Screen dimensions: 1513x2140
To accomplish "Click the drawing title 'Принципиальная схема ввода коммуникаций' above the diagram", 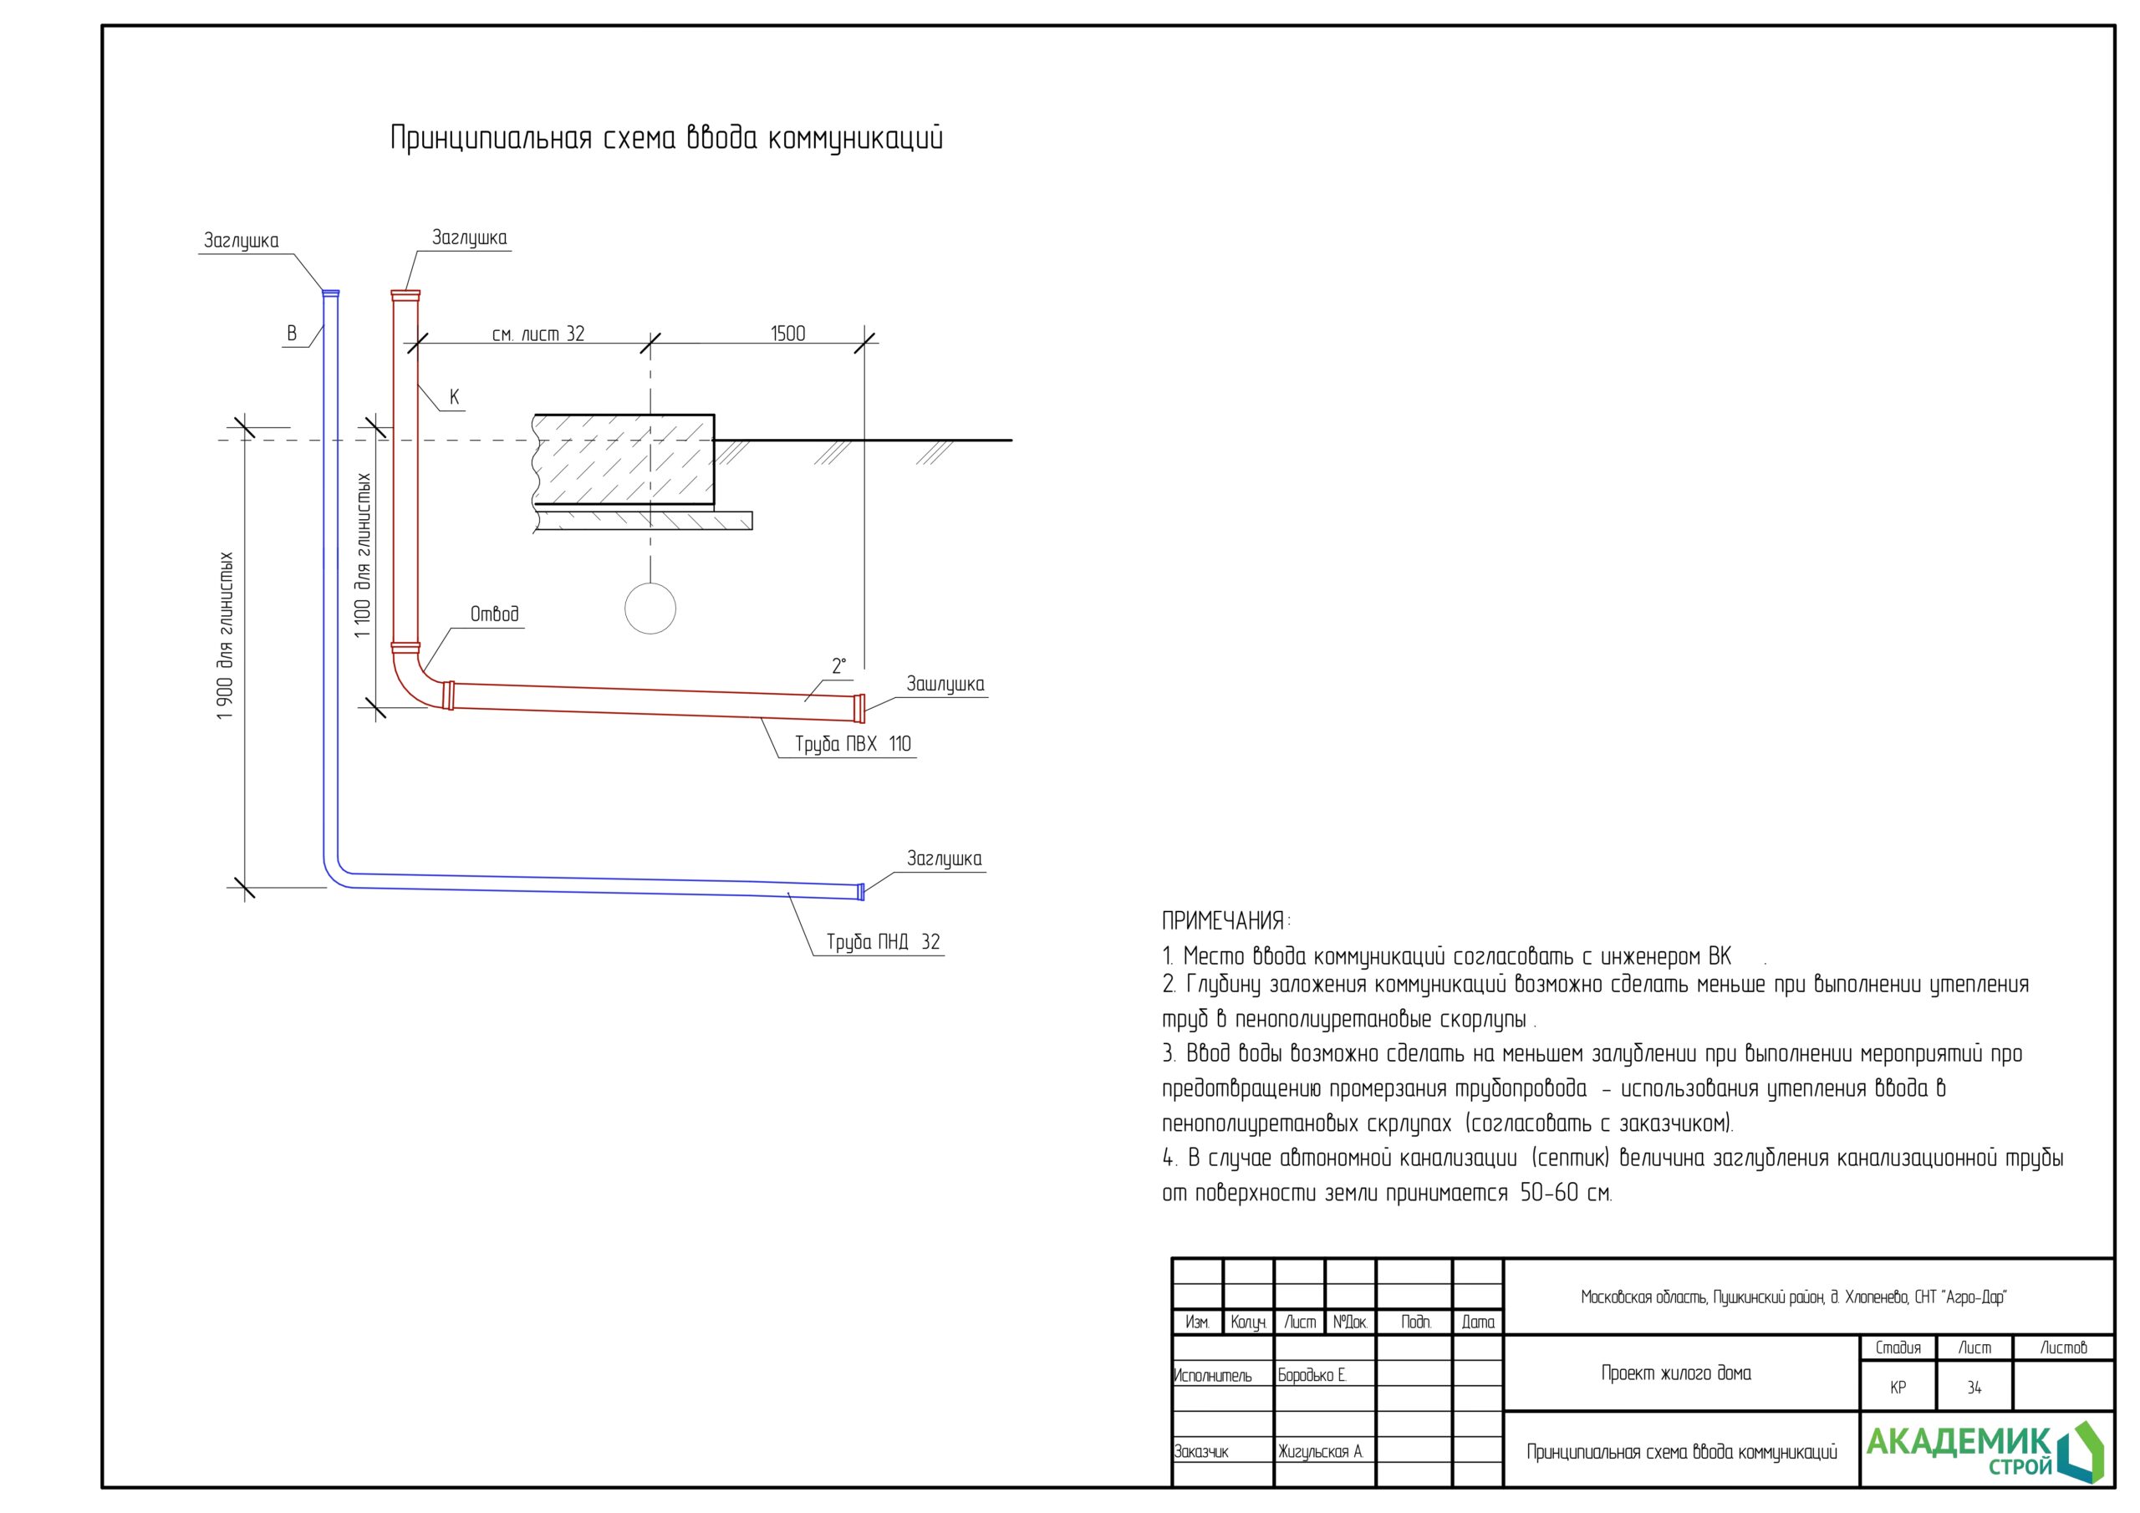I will (665, 138).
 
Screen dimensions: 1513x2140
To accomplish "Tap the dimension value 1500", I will (787, 334).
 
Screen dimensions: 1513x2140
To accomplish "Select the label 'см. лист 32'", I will (538, 334).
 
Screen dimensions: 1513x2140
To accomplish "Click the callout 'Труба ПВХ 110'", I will (852, 744).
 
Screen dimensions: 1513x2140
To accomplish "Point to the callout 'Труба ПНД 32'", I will (883, 941).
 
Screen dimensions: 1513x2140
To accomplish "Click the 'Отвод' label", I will (494, 614).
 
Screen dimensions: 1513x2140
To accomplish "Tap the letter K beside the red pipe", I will (454, 397).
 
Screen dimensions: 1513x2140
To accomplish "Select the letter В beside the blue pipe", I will (292, 333).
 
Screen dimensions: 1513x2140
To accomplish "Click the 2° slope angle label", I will (838, 665).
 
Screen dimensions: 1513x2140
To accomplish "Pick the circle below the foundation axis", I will (650, 609).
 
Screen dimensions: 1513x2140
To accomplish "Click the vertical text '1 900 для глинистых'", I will (225, 636).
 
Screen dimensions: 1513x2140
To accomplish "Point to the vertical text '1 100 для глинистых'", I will (363, 555).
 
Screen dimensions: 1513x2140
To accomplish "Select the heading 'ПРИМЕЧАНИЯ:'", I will (1225, 921).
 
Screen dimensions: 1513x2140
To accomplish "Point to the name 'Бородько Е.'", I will (1312, 1375).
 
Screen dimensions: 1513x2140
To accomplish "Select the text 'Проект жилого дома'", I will (1676, 1373).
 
